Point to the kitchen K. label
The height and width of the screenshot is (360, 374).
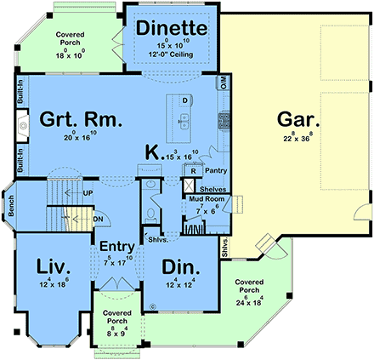(x=153, y=153)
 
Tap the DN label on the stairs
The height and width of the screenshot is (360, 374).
(x=99, y=218)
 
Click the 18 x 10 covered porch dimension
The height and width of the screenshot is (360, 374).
(x=71, y=54)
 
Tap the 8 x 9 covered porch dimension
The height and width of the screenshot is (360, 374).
(x=116, y=331)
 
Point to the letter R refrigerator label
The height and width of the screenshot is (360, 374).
(x=195, y=170)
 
